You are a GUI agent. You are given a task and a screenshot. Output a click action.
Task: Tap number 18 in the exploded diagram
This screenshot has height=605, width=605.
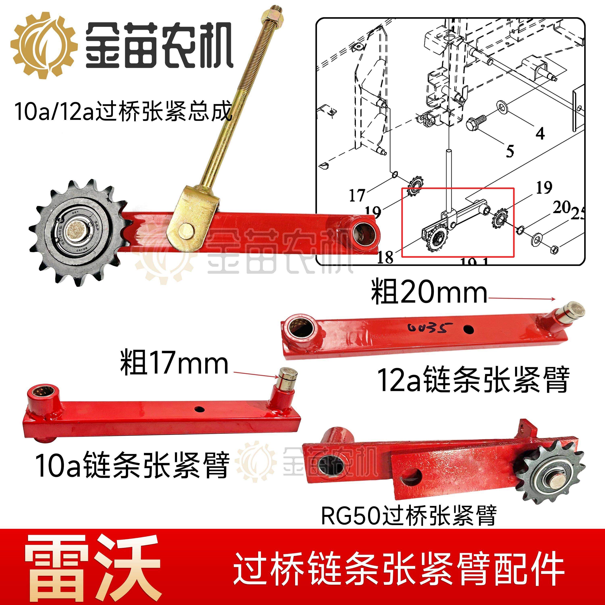click(x=385, y=257)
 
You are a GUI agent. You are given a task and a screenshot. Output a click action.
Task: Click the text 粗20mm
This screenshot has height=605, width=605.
click(x=429, y=293)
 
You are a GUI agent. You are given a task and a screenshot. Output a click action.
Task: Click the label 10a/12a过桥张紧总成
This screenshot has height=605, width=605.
click(x=123, y=112)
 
